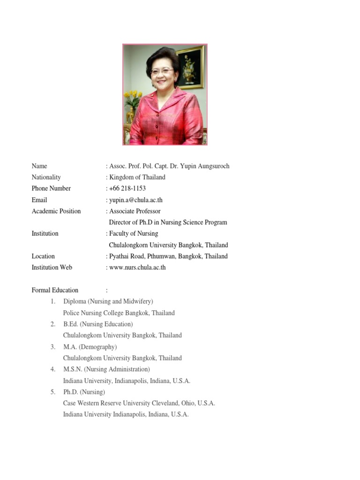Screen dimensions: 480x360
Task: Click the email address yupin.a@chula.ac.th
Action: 136,200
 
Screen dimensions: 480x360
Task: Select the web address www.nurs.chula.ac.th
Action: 137,268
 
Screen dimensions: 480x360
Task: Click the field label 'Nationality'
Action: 46,177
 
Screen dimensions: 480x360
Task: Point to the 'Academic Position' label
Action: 56,211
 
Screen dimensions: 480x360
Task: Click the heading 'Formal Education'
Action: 55,290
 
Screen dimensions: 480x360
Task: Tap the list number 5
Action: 53,392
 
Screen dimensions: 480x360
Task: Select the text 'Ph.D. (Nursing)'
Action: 84,392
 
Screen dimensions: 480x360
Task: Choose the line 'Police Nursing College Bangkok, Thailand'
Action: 119,313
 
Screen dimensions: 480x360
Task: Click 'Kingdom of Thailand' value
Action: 137,177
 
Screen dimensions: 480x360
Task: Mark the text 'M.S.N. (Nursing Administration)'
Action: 107,369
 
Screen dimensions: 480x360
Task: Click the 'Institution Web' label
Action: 52,268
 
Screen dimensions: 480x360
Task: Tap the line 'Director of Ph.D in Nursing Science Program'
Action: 168,223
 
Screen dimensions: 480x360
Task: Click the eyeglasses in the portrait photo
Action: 162,71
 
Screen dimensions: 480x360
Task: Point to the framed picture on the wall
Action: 191,67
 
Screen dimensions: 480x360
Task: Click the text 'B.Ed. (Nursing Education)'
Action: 98,324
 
